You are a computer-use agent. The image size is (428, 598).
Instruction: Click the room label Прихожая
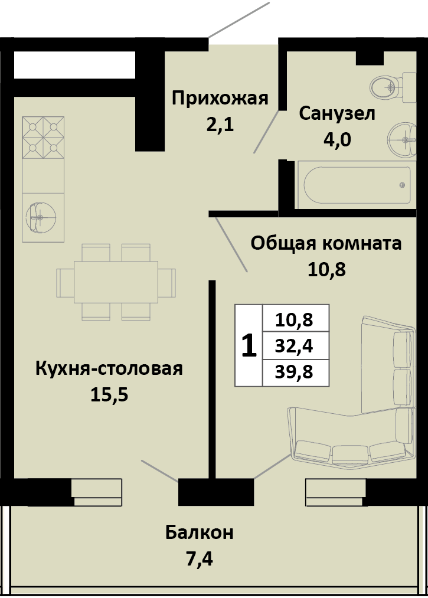(220, 98)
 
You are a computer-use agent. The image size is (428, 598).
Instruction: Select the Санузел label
(336, 113)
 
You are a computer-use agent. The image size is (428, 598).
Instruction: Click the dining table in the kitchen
(116, 282)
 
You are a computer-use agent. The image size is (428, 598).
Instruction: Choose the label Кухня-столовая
(109, 369)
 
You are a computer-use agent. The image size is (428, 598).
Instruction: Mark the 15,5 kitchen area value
(109, 394)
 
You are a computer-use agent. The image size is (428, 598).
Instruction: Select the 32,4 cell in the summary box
(295, 346)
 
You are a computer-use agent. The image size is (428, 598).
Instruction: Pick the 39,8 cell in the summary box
(295, 372)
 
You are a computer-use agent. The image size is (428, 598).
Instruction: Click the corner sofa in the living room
(378, 413)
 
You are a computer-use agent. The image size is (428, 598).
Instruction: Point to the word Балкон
(199, 532)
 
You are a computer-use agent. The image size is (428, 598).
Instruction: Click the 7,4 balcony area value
(199, 557)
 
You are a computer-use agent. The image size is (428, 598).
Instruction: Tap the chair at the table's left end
(65, 282)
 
